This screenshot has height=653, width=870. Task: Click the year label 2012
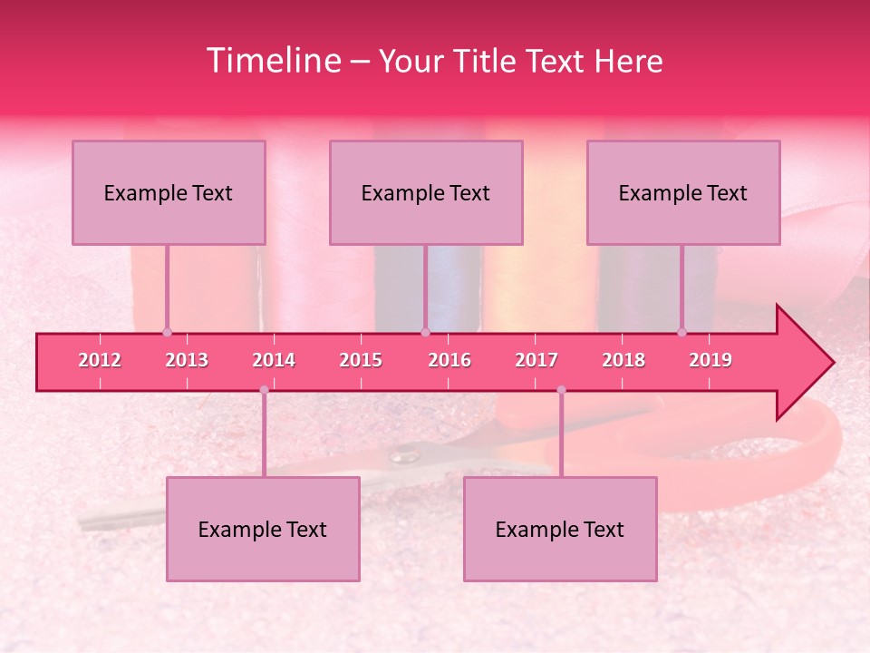100,360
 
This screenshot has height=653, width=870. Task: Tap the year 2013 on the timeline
187,360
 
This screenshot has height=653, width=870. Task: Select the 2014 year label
274,360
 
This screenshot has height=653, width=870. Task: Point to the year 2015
361,360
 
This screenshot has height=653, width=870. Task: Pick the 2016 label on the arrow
449,360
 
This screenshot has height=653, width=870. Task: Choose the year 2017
536,360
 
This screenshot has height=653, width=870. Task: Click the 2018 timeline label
623,360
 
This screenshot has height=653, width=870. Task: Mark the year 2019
710,360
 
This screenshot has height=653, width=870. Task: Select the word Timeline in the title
272,61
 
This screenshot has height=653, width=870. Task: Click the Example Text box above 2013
169,192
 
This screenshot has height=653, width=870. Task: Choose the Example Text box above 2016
426,192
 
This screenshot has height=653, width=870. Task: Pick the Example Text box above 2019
683,192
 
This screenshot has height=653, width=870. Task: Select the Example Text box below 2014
263,529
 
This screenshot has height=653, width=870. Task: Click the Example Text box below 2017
560,529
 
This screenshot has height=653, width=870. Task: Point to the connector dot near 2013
167,332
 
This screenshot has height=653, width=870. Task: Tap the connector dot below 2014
264,390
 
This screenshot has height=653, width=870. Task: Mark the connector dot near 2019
681,332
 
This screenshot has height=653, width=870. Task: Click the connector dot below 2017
561,390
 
